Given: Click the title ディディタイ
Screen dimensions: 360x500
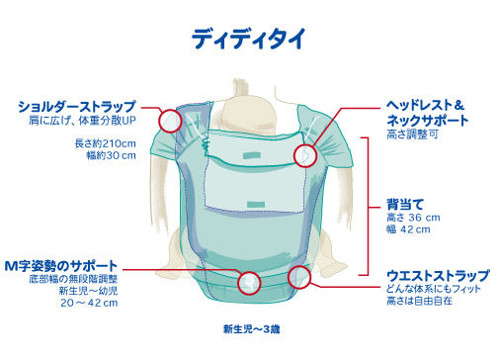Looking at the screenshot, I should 249,39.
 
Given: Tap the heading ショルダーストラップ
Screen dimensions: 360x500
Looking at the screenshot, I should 76,106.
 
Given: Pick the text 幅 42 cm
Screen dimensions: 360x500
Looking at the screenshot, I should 408,230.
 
